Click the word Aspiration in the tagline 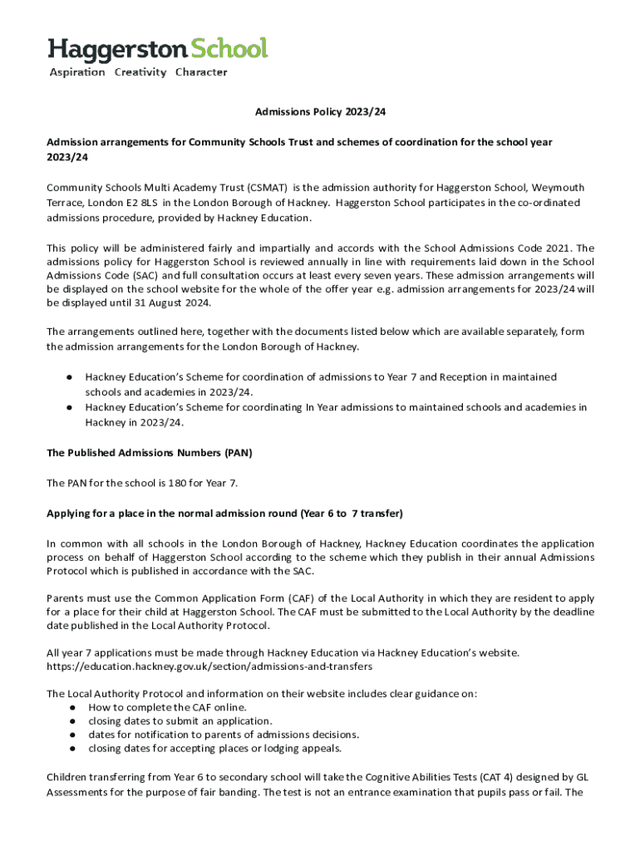click(77, 72)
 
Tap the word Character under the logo click(200, 72)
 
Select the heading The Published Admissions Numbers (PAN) click(150, 453)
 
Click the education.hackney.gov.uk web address click(209, 667)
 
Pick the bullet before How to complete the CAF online click(74, 707)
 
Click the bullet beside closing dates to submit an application click(74, 721)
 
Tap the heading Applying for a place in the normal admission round click(224, 513)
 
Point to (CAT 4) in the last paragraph click(494, 778)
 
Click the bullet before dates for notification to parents click(74, 735)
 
